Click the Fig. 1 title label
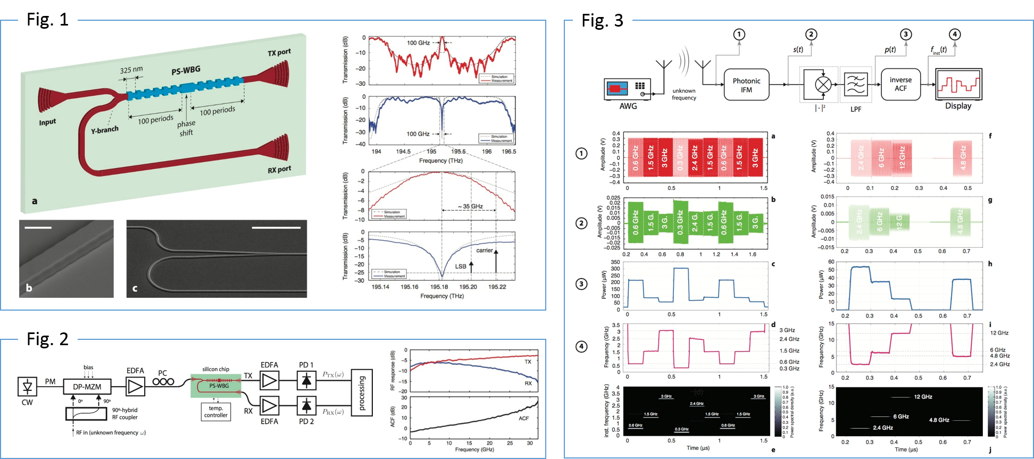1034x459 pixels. tap(47, 20)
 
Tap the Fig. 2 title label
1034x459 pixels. tap(47, 339)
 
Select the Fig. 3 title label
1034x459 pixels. tap(602, 20)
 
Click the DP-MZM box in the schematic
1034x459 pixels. tap(87, 387)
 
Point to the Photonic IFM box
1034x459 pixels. tap(746, 85)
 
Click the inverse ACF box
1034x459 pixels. tap(900, 84)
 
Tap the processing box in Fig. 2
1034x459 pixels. tap(362, 393)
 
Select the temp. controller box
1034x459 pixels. tap(215, 412)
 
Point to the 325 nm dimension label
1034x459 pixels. tap(131, 69)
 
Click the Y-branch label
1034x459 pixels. tap(105, 129)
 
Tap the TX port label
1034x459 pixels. tap(279, 52)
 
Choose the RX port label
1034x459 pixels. tap(279, 170)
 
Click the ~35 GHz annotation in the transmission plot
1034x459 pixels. tap(470, 206)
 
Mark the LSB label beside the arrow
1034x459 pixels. tap(461, 266)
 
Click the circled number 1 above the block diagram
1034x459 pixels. tap(739, 35)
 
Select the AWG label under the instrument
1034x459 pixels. tap(628, 106)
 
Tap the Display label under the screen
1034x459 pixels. tap(958, 106)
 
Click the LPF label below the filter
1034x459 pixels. tap(855, 109)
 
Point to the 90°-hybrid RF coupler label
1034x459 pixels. tap(124, 414)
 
